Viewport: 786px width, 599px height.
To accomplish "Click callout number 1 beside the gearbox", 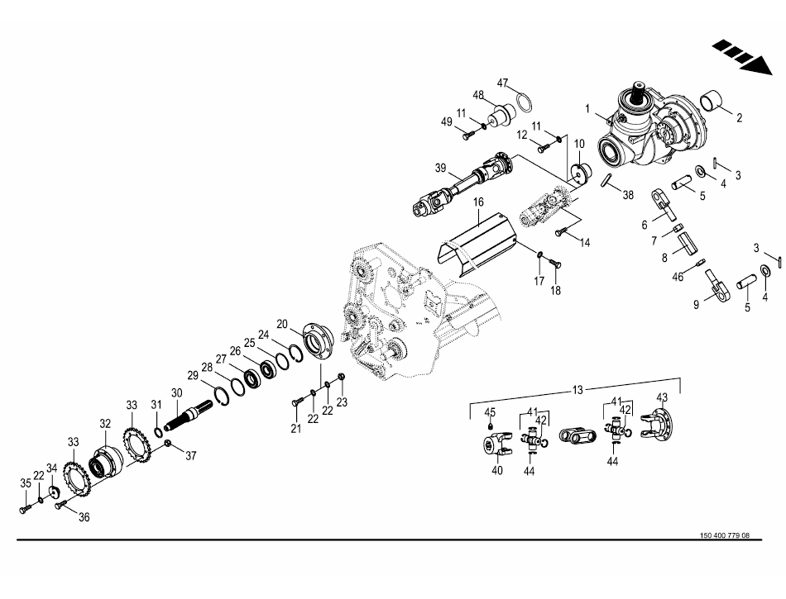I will click(588, 108).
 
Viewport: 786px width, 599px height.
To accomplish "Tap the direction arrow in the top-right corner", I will click(739, 56).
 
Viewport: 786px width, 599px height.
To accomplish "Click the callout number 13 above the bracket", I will click(577, 389).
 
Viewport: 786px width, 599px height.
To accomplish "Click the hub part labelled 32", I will click(106, 464).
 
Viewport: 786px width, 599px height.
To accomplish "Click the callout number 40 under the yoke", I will click(497, 471).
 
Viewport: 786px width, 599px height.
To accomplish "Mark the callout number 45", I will click(490, 412).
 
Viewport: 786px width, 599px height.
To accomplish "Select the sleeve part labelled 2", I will click(715, 103).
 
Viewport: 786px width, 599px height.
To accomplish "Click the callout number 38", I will click(628, 197).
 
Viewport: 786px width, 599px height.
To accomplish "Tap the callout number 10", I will click(579, 143).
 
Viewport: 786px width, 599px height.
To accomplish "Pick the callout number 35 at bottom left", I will click(26, 483).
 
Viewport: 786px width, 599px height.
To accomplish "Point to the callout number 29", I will click(193, 375).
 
